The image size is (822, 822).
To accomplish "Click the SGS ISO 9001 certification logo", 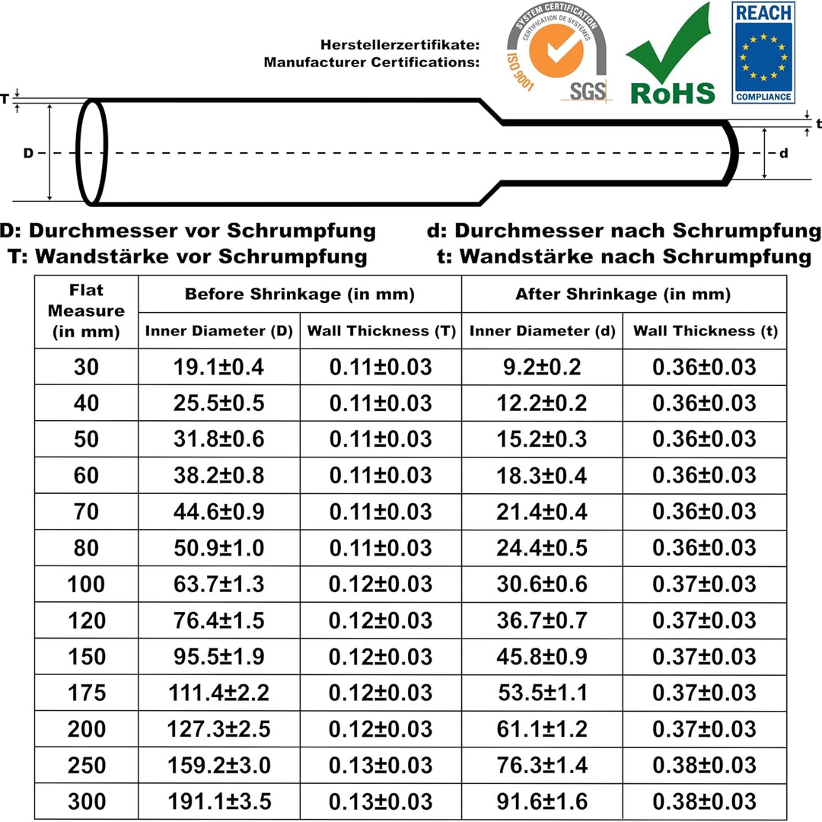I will click(x=560, y=53).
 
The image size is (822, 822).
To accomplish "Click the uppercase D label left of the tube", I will click(x=28, y=153).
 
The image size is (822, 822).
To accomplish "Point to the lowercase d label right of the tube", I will click(x=784, y=153).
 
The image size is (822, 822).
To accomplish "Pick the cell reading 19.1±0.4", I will click(x=218, y=367).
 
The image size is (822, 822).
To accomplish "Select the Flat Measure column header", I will click(x=86, y=311).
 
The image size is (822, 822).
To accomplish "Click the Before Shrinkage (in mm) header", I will click(x=300, y=294).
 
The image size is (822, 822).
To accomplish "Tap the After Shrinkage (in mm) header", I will click(x=623, y=294).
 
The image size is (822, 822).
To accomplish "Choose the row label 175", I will click(x=86, y=693).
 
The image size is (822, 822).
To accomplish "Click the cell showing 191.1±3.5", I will click(x=218, y=801).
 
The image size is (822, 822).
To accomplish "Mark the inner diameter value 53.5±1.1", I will click(x=542, y=693).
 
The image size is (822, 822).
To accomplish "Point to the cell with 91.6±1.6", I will click(x=542, y=801).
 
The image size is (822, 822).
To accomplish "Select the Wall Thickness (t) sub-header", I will click(x=705, y=331).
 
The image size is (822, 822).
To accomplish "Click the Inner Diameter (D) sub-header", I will click(x=218, y=331).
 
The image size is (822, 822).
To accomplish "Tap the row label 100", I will click(x=86, y=584).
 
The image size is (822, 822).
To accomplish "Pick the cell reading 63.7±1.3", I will click(x=218, y=584).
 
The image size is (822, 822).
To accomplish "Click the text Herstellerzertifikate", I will click(x=400, y=46).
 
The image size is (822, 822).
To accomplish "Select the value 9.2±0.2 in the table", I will click(x=542, y=367).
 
